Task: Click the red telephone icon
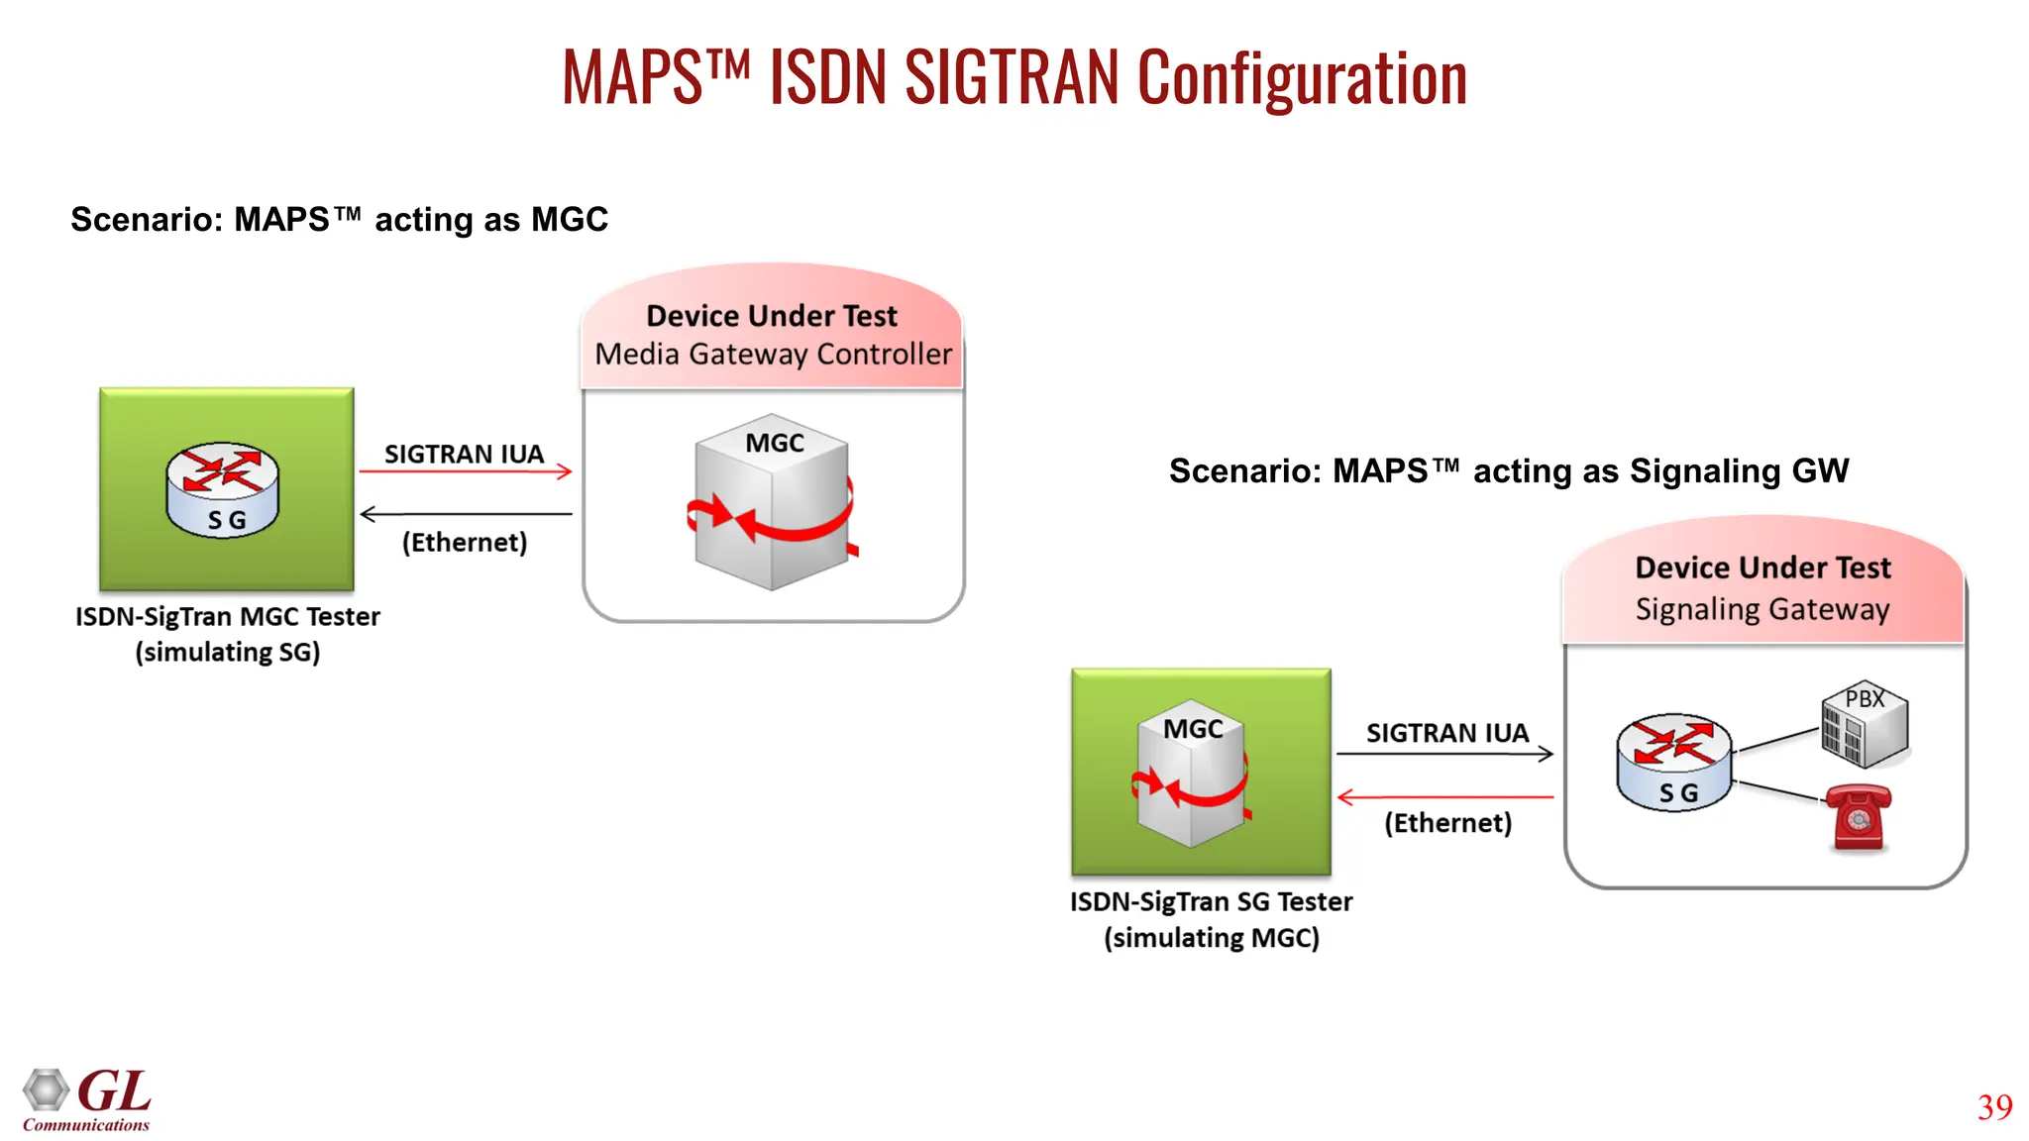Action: (1858, 817)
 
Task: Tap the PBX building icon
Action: (1864, 726)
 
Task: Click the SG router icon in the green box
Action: (223, 489)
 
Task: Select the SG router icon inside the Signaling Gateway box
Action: (1673, 762)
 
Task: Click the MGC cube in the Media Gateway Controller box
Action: (772, 502)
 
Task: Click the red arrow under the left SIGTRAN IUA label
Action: (466, 471)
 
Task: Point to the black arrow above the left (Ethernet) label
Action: (466, 514)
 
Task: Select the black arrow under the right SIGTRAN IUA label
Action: (1444, 755)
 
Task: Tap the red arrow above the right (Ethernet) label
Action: (1444, 796)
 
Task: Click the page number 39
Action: (1994, 1107)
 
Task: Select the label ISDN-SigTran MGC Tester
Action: (228, 617)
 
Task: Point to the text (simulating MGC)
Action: (1212, 937)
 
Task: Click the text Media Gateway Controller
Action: (773, 355)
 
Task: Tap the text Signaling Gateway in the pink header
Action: (1762, 609)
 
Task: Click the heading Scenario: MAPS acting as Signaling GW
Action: (1508, 470)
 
